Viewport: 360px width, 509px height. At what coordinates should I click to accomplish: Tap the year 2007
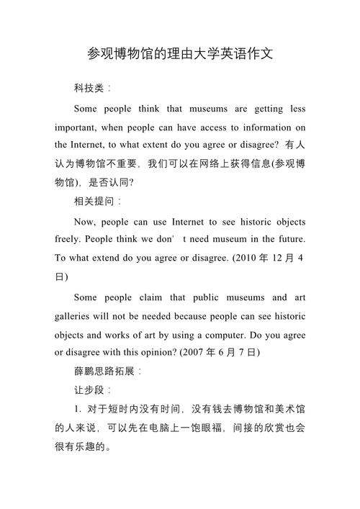[x=197, y=353]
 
